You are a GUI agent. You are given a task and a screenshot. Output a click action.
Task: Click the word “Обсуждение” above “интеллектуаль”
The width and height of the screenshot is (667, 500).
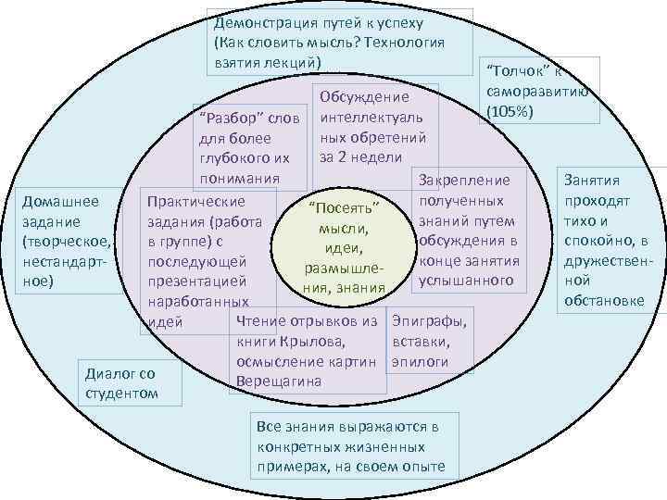[x=364, y=97]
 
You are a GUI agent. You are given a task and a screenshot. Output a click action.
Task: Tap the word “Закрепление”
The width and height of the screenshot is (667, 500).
[x=465, y=181]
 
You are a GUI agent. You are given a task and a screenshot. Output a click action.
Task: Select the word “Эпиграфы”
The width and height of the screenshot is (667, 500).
[x=428, y=322]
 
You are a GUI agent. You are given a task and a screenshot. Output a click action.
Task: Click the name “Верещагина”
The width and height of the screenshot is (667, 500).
[x=280, y=381]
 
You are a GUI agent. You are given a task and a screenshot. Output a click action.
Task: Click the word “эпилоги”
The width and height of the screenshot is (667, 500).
[x=421, y=361]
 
